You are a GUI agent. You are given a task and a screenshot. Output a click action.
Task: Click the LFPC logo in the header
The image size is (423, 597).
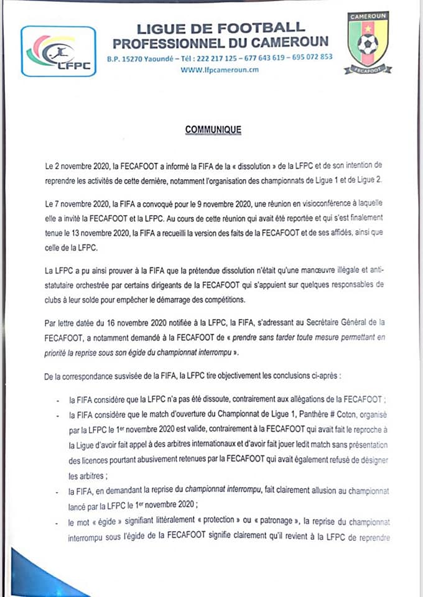pyautogui.click(x=58, y=51)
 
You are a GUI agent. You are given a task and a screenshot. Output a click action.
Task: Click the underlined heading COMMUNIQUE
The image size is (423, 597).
pyautogui.click(x=213, y=130)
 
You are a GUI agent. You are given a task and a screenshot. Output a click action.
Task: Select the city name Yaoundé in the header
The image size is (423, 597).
pyautogui.click(x=167, y=57)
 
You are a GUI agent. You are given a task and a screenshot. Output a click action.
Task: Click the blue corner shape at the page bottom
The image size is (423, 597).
pyautogui.click(x=31, y=575)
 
